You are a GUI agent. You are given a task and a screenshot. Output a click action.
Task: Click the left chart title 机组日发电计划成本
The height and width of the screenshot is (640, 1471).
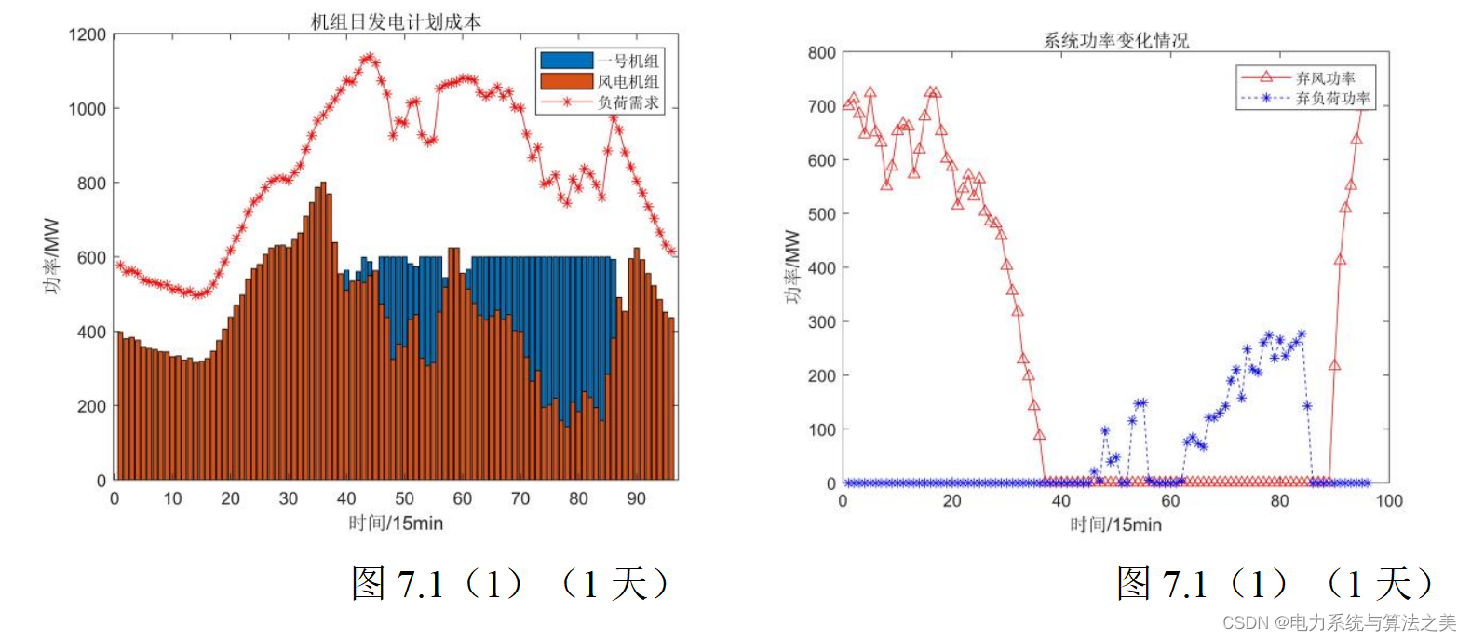[x=396, y=21]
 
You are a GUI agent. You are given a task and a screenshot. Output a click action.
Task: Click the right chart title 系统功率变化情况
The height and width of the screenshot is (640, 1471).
[x=1115, y=40]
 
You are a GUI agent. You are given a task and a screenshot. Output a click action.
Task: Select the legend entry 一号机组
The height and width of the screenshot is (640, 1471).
[x=628, y=61]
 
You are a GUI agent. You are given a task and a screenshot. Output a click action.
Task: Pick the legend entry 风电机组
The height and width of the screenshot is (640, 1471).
[x=628, y=82]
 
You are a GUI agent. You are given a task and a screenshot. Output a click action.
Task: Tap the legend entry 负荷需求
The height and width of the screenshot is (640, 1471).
[x=628, y=102]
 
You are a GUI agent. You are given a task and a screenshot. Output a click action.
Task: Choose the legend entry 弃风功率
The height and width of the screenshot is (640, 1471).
[x=1325, y=78]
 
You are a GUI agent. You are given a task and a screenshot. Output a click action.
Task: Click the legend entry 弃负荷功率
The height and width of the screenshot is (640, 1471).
[x=1332, y=98]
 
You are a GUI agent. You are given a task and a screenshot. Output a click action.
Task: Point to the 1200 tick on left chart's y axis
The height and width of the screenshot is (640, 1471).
[x=88, y=35]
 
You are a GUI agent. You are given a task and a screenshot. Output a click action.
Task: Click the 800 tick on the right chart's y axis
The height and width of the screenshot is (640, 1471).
[x=822, y=53]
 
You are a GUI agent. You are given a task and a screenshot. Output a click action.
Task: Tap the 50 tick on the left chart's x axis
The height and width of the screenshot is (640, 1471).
[x=404, y=498]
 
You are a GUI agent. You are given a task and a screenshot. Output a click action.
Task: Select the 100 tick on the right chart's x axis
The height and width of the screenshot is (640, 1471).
[x=1388, y=501]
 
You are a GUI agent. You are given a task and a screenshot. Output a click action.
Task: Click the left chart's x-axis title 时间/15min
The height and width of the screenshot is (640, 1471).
[x=396, y=524]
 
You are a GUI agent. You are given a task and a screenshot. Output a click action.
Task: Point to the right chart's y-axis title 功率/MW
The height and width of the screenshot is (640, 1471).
[x=791, y=267]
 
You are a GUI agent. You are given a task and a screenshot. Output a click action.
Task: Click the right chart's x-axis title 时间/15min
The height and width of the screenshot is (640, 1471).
[x=1115, y=524]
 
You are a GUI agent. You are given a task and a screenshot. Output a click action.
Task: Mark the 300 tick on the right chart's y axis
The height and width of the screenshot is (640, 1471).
[x=822, y=322]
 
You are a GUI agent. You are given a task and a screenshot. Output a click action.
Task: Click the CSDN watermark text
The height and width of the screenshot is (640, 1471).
[x=1339, y=623]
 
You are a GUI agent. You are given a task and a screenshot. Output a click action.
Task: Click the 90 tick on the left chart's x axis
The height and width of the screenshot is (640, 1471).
[x=636, y=498]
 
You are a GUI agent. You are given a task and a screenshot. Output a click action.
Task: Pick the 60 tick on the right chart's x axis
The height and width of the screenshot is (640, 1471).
[x=1170, y=501]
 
